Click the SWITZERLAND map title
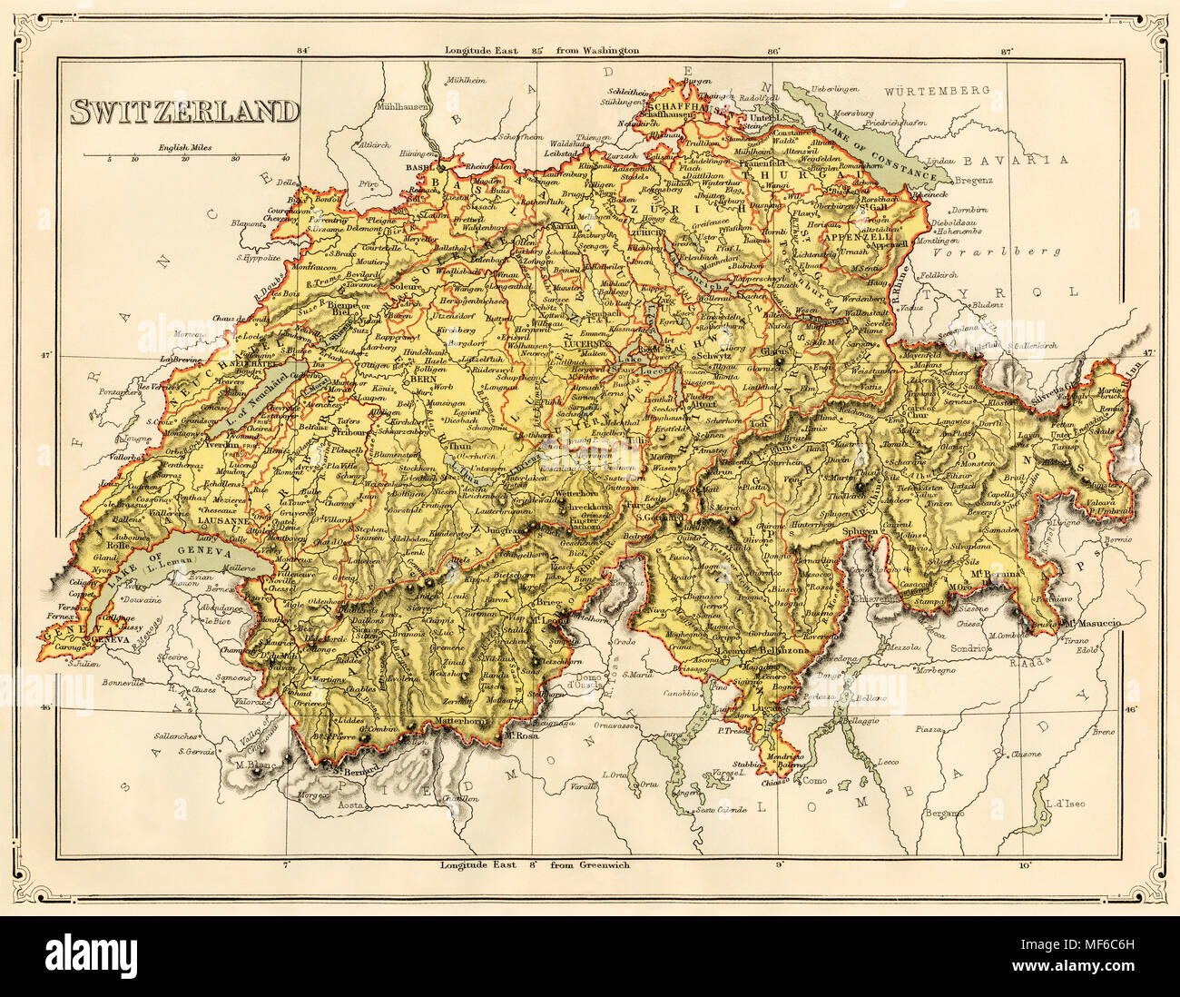pyautogui.click(x=185, y=111)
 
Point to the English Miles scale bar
pyautogui.click(x=186, y=155)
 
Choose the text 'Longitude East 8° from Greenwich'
pyautogui.click(x=535, y=864)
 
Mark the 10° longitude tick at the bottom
pyautogui.click(x=1026, y=864)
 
